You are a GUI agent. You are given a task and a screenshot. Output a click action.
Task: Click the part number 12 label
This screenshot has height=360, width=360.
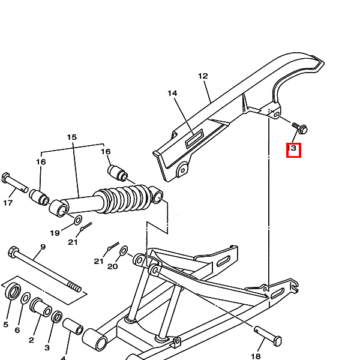tap(203, 76)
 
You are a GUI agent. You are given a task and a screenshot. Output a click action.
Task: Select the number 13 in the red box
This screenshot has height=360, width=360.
tap(292, 148)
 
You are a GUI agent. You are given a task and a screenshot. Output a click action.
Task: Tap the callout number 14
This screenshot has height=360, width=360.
tap(172, 93)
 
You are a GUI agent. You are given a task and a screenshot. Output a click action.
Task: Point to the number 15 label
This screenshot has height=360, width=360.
tap(71, 137)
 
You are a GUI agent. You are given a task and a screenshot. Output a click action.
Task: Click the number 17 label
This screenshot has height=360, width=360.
tap(8, 203)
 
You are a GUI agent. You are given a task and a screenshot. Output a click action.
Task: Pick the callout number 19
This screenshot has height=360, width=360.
tap(55, 233)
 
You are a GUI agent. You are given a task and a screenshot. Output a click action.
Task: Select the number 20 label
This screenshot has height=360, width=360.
tap(113, 266)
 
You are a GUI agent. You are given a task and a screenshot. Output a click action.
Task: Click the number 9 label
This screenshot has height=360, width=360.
tap(43, 247)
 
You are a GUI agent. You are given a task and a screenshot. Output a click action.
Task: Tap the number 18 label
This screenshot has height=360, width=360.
tap(256, 356)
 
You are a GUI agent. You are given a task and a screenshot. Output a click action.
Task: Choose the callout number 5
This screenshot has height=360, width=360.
tap(6, 325)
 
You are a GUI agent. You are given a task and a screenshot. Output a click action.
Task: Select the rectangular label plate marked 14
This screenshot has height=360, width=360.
tap(194, 138)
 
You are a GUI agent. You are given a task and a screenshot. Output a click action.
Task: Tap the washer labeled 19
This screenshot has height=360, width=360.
tap(78, 220)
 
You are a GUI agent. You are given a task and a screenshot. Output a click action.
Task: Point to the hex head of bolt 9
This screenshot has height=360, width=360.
tap(14, 252)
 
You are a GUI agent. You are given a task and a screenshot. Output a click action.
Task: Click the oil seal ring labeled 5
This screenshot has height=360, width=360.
tap(13, 291)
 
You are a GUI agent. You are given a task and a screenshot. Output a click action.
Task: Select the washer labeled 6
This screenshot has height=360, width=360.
tap(25, 298)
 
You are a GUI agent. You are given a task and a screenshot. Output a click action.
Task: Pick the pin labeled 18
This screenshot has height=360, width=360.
tap(268, 336)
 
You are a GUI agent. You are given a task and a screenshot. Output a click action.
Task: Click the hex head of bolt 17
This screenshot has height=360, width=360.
tap(5, 178)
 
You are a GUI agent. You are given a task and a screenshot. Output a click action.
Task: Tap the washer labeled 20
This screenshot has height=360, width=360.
tap(124, 250)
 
